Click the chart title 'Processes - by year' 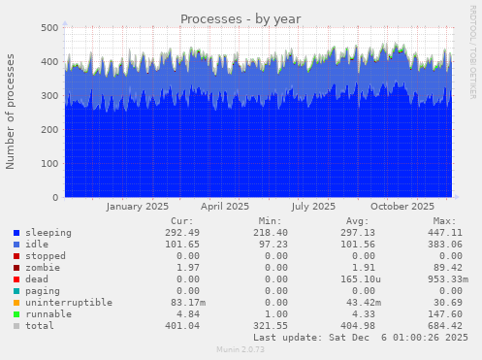point(241,19)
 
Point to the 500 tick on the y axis point(48,28)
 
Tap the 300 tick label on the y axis point(48,96)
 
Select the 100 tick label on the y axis point(48,164)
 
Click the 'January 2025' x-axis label point(137,206)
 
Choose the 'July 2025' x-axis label point(313,206)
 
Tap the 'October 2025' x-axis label point(402,206)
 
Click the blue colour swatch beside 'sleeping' point(17,234)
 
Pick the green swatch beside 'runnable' point(17,314)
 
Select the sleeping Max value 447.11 point(416,233)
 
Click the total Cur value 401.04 point(179,326)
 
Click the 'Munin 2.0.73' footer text point(241,349)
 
